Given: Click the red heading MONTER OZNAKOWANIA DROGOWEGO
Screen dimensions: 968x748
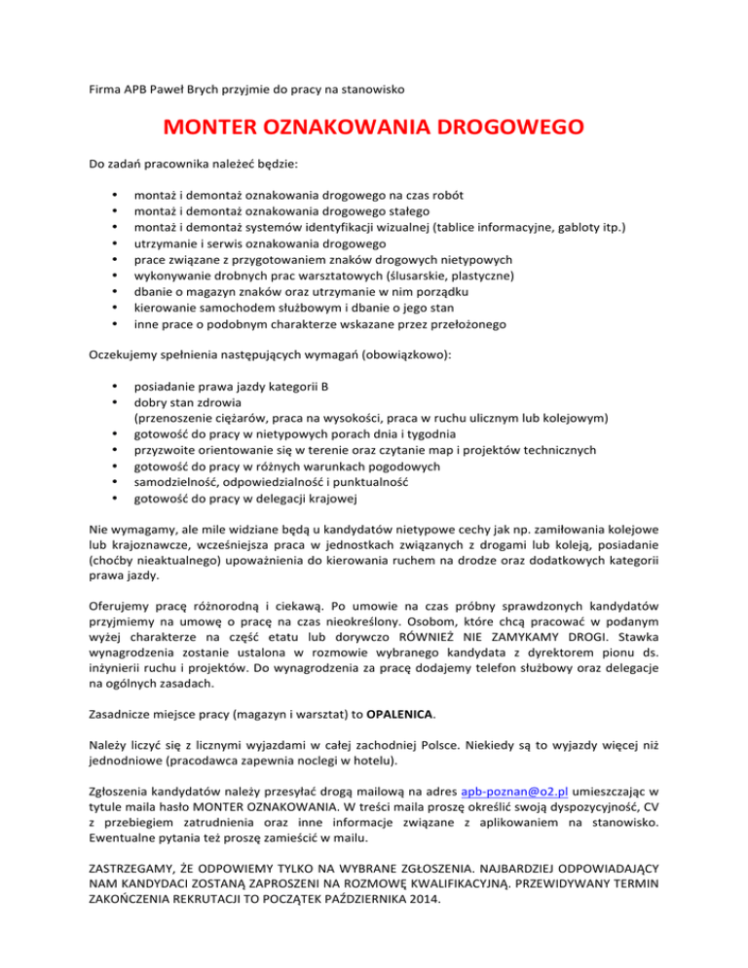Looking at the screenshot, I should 373,129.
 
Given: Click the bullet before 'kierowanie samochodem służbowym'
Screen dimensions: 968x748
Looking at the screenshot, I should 117,307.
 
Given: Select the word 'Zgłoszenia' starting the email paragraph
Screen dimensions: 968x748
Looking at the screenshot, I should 121,792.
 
